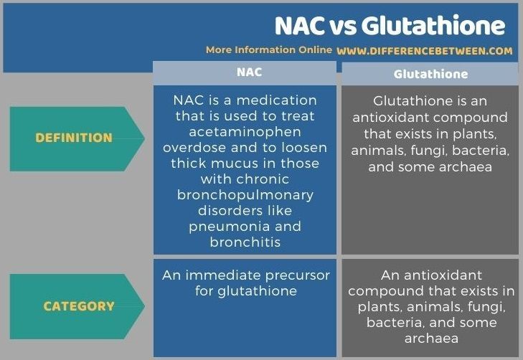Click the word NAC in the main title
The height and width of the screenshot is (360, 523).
coord(300,26)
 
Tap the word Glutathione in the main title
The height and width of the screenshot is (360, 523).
coord(433,26)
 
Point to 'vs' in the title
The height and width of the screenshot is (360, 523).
coord(343,27)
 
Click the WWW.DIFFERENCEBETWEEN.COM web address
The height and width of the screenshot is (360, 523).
coord(425,51)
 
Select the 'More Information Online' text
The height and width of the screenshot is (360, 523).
coord(269,50)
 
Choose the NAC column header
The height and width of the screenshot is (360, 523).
coord(249,72)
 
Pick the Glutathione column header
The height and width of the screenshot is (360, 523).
coord(430,74)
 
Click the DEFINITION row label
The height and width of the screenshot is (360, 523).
coord(74,138)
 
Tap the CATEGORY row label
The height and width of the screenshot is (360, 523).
coord(79,306)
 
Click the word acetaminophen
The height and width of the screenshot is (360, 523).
coord(245,133)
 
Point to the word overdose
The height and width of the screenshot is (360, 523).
coord(194,148)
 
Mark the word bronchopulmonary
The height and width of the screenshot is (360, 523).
coord(245,195)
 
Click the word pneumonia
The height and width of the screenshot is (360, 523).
coord(230,227)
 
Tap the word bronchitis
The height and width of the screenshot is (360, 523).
coord(245,242)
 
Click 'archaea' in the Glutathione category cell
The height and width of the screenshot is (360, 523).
coord(431,338)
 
